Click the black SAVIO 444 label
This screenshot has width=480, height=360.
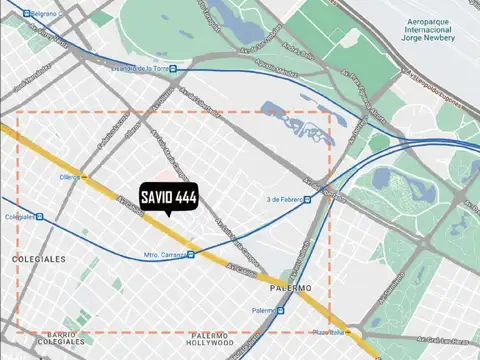[168, 198]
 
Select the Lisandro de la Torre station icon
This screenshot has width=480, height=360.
[173, 69]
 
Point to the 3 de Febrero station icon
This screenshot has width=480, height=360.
[307, 199]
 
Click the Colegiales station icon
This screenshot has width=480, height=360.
[40, 216]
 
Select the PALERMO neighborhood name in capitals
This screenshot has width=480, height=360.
[290, 288]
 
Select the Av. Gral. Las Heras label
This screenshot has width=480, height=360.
[436, 338]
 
